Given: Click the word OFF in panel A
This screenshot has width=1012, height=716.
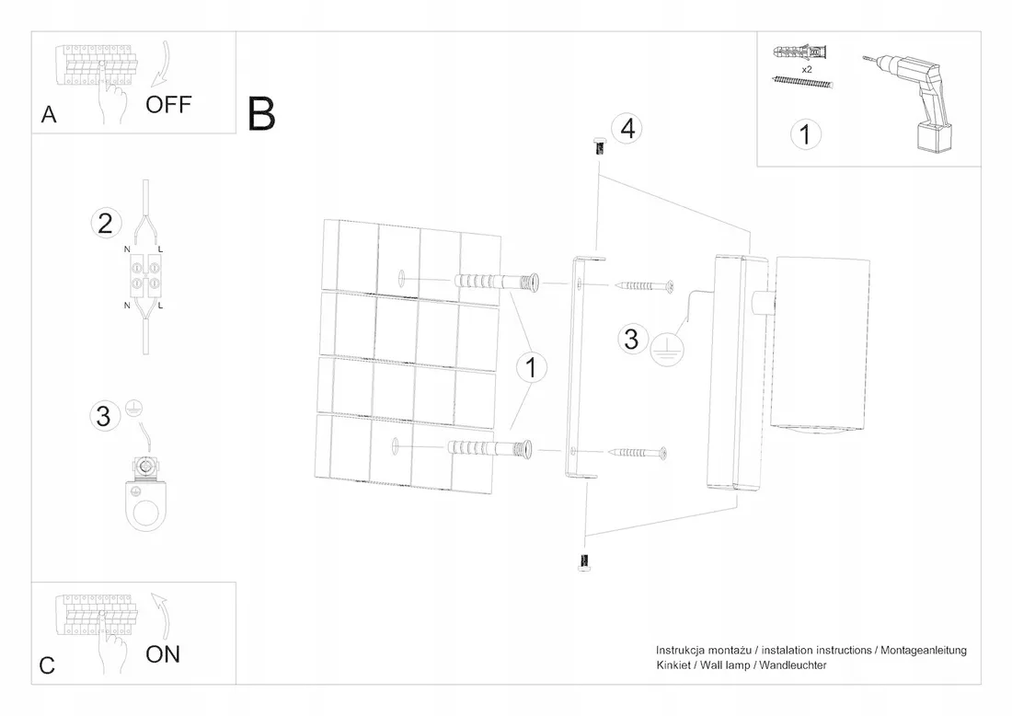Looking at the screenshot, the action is [168, 105].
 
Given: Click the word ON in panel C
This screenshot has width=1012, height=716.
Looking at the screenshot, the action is [163, 654].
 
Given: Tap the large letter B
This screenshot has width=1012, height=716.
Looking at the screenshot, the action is [261, 114].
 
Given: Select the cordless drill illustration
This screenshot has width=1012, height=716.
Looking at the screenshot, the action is [909, 103].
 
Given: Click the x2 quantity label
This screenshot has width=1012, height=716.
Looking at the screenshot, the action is [807, 69].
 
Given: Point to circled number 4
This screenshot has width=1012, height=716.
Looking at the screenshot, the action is [627, 129].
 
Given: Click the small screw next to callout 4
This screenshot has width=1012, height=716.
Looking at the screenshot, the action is [599, 146].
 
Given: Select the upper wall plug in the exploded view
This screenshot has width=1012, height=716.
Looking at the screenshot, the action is [496, 283].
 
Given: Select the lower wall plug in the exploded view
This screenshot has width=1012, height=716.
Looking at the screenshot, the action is [489, 449].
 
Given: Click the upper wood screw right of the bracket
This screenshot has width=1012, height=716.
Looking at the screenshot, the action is [645, 284].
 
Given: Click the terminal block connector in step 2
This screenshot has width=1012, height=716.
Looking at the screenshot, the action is [145, 276].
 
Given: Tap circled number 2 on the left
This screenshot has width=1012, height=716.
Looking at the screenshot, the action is [106, 224].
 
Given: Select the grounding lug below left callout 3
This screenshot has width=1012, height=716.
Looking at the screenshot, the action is [147, 492].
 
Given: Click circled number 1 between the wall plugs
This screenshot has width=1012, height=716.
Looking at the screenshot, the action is [531, 367].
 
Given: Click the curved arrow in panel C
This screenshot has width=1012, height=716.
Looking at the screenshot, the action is [163, 616].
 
